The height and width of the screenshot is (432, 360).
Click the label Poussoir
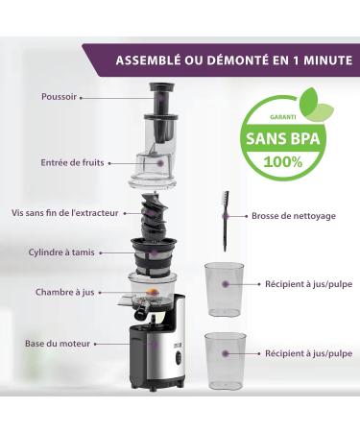pos(59,97)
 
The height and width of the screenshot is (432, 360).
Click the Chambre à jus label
pos(63,292)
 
